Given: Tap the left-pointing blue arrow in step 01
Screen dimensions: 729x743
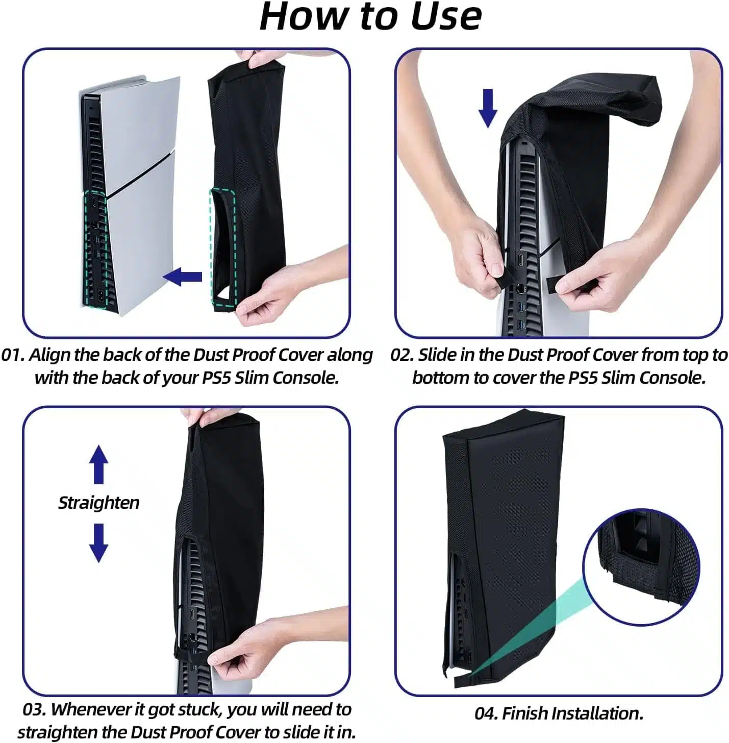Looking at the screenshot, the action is coord(182,277).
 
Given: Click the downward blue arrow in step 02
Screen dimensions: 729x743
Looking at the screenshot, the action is coord(488,108).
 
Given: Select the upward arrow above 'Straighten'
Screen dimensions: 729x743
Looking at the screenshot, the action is coord(98,464).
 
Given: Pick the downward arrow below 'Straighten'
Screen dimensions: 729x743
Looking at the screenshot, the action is coord(98,543).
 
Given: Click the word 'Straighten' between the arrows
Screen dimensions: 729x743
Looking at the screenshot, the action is coord(98,503).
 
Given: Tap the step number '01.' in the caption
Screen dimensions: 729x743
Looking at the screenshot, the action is coord(13,355).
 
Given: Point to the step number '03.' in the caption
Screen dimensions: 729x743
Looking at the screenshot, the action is coord(35,709).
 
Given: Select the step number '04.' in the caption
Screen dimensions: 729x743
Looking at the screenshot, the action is coord(487,713).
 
